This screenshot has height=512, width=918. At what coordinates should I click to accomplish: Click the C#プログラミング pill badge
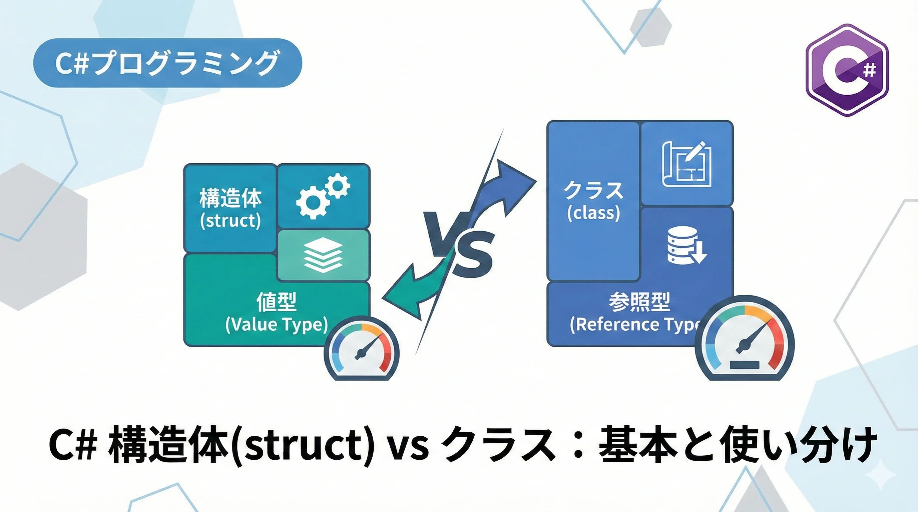pyautogui.click(x=167, y=63)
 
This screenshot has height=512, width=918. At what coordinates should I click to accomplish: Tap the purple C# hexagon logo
pyautogui.click(x=847, y=70)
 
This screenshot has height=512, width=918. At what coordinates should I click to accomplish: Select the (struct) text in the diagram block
pyautogui.click(x=231, y=220)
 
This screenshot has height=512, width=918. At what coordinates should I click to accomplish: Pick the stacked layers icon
pyautogui.click(x=323, y=255)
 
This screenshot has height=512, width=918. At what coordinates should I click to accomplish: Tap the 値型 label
pyautogui.click(x=277, y=302)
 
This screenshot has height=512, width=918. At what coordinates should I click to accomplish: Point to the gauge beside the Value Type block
pyautogui.click(x=362, y=349)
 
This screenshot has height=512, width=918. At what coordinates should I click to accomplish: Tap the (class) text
pyautogui.click(x=594, y=213)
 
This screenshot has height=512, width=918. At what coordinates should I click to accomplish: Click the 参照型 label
pyautogui.click(x=639, y=302)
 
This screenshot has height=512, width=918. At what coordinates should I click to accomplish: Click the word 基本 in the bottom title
pyautogui.click(x=637, y=445)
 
